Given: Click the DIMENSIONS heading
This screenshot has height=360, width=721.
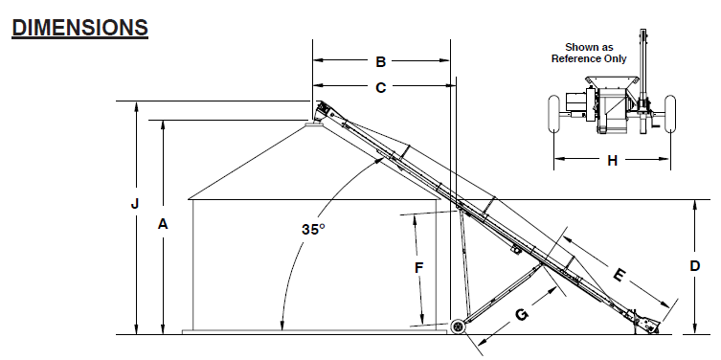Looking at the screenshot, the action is [x=80, y=28].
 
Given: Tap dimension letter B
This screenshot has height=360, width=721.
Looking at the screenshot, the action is [x=381, y=61].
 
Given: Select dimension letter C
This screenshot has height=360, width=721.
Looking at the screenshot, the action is [x=381, y=87].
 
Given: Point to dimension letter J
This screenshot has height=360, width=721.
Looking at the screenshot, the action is [x=135, y=203].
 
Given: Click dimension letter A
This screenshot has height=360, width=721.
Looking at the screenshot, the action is [x=163, y=224].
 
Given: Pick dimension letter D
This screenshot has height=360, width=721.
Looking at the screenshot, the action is [x=695, y=266].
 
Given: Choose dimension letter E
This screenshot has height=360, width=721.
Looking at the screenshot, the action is [x=620, y=275].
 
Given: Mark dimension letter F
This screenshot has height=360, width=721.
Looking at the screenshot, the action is [x=418, y=267].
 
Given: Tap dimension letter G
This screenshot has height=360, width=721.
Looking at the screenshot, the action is [x=522, y=314].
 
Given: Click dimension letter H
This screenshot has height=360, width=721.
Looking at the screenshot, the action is [x=612, y=161].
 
